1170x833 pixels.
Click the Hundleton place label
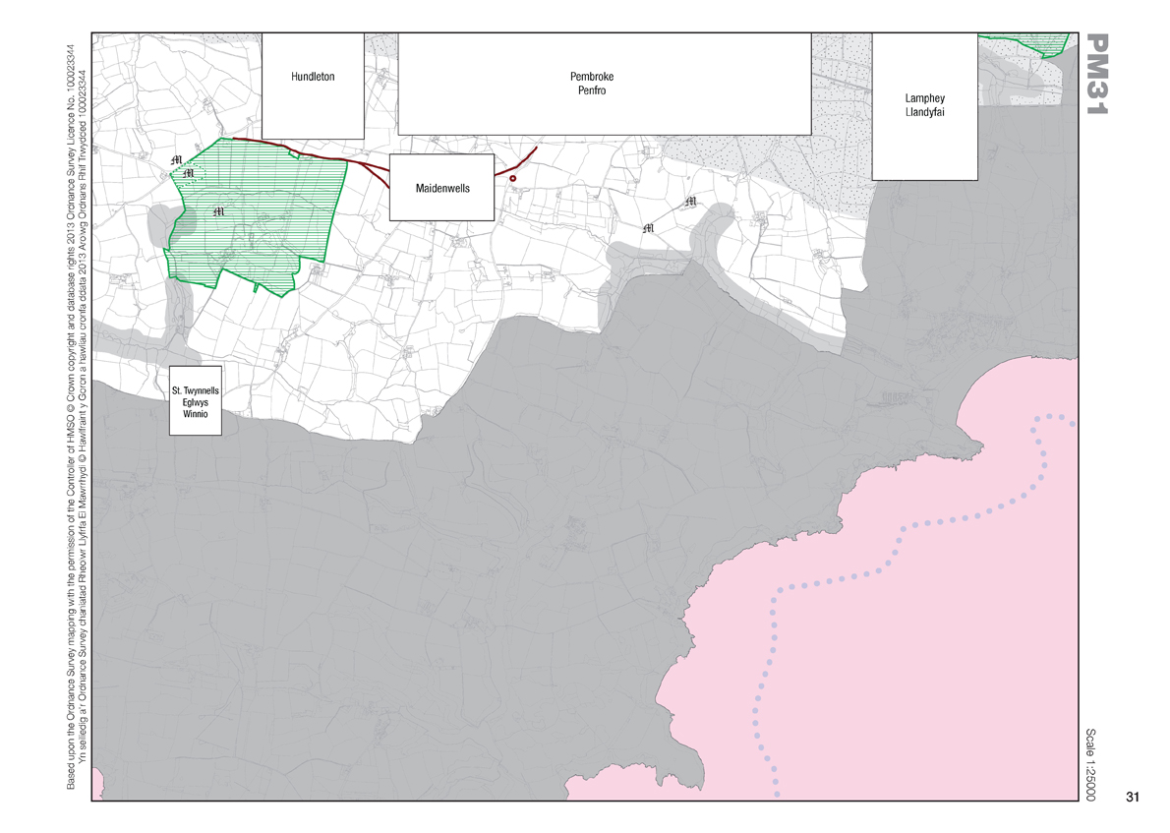314,77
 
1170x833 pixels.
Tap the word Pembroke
591,77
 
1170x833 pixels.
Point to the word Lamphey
924,98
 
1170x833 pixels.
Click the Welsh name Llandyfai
924,112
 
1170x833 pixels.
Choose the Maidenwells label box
440,187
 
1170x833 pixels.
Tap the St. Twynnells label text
196,391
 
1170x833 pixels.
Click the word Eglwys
196,403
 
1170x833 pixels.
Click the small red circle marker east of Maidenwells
512,178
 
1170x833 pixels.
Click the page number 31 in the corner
1132,797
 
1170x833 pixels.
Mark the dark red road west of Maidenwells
324,156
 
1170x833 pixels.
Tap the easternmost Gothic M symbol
690,203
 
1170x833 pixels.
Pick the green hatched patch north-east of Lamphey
1047,44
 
